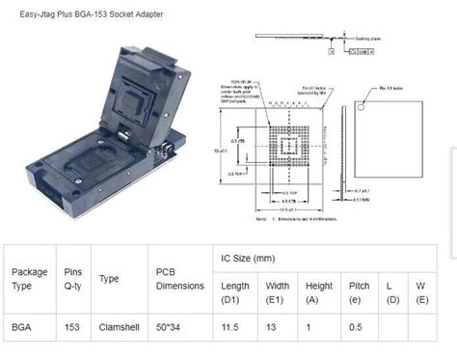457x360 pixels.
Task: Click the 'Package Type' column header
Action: tap(29, 278)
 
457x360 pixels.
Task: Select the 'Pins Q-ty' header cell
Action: tap(73, 278)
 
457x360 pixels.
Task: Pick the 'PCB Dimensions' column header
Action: tap(179, 278)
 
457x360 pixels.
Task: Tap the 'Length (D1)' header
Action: tap(235, 291)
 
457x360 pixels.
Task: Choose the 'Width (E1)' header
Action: tap(279, 291)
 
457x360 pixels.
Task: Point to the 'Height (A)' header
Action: tap(319, 291)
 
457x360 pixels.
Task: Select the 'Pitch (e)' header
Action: tap(359, 291)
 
